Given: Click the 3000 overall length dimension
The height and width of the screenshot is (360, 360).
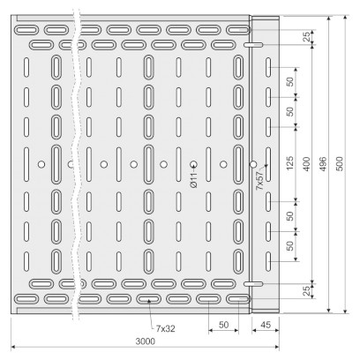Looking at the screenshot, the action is click(x=145, y=341).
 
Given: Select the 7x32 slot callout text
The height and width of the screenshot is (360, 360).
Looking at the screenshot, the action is click(x=165, y=328).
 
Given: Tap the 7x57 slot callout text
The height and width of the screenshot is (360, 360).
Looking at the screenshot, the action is click(x=259, y=180).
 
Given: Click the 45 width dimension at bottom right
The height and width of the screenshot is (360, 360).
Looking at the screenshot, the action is click(x=266, y=325).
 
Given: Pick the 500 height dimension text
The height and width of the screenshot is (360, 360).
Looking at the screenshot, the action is click(x=340, y=164).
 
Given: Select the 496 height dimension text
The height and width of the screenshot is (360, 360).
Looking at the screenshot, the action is click(x=323, y=164).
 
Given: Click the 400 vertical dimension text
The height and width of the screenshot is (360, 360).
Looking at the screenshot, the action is click(x=306, y=164).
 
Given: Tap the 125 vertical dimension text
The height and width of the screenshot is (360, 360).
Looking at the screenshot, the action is click(x=290, y=163).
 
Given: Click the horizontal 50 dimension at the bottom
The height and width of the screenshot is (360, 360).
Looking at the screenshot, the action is click(x=224, y=325).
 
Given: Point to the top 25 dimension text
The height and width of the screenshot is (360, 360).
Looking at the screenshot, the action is click(x=306, y=37).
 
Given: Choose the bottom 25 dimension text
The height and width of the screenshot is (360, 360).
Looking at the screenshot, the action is click(x=306, y=291).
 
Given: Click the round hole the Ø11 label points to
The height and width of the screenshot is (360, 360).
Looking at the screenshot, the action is click(x=193, y=164).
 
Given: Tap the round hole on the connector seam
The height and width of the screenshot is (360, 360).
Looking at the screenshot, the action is click(x=253, y=164).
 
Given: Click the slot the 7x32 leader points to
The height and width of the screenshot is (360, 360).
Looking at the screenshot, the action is click(x=149, y=299).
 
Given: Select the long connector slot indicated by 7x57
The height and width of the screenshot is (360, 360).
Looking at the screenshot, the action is click(x=268, y=164).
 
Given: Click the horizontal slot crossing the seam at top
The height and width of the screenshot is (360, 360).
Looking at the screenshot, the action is click(x=253, y=45).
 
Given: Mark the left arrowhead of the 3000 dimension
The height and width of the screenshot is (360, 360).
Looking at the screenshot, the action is click(x=13, y=348).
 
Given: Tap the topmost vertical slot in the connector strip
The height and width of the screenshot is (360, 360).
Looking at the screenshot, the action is click(x=268, y=67).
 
